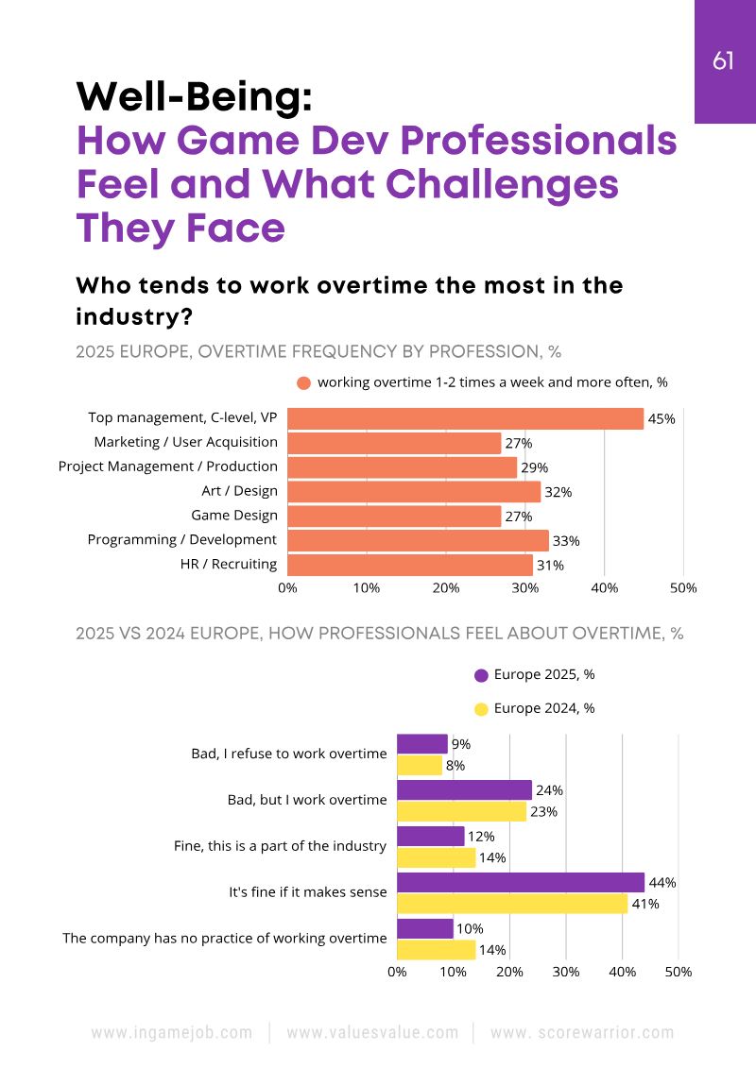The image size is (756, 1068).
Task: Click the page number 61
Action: pyautogui.click(x=723, y=61)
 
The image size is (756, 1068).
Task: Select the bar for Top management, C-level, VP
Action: pyautogui.click(x=465, y=418)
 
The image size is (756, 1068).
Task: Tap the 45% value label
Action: pyautogui.click(x=661, y=418)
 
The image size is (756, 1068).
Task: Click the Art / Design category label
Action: pyautogui.click(x=239, y=490)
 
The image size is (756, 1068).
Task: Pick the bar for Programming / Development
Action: pyautogui.click(x=418, y=540)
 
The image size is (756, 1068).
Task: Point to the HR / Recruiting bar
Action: pyautogui.click(x=410, y=565)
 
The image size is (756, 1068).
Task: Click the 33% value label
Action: pyautogui.click(x=567, y=541)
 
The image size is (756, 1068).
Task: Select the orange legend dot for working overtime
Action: pyautogui.click(x=303, y=383)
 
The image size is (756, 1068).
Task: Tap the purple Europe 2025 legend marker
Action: pyautogui.click(x=481, y=675)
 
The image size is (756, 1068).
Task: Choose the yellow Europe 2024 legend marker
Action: pyautogui.click(x=481, y=709)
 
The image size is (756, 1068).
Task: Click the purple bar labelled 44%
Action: pyautogui.click(x=521, y=883)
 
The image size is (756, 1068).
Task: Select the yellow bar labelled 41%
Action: pyautogui.click(x=512, y=904)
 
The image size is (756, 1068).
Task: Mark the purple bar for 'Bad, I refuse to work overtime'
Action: pyautogui.click(x=421, y=744)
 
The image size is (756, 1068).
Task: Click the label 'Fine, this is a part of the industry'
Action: pyautogui.click(x=281, y=846)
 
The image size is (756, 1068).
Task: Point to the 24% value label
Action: pyautogui.click(x=549, y=790)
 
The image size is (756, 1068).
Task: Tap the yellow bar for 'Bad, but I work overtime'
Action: pyautogui.click(x=461, y=811)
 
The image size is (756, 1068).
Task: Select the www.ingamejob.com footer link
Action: pyautogui.click(x=172, y=1033)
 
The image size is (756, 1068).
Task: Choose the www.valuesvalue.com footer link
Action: pyautogui.click(x=372, y=1033)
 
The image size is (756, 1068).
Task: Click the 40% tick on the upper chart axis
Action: pyautogui.click(x=604, y=588)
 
